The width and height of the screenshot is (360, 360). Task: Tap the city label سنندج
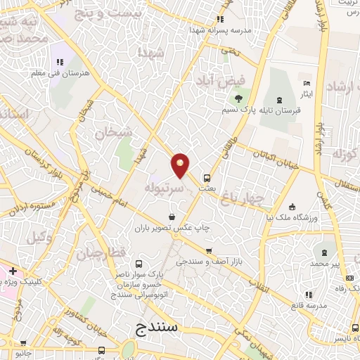click(x=163, y=328)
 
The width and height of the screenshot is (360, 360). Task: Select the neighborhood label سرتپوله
click(x=165, y=189)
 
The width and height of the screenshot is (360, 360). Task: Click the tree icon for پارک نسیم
click(x=239, y=98)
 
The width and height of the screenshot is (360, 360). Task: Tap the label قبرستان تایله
click(x=281, y=110)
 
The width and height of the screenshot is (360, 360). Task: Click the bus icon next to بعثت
click(x=207, y=178)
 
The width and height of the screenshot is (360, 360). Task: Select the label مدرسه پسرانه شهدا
click(x=220, y=30)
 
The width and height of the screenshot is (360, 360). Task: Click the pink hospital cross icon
click(x=13, y=271)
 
